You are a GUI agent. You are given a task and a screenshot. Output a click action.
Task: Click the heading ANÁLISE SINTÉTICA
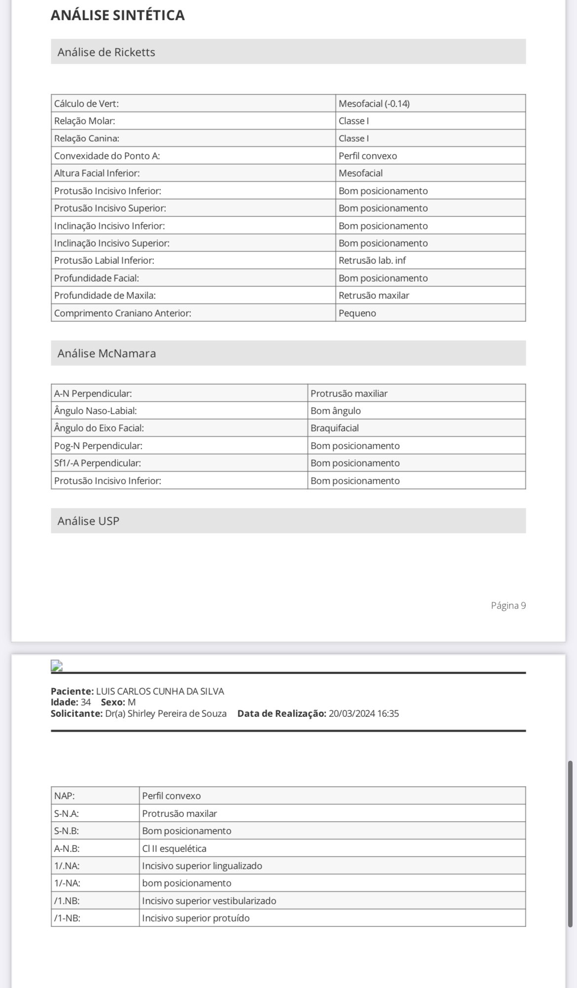(117, 15)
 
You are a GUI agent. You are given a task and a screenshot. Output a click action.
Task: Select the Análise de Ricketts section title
(106, 52)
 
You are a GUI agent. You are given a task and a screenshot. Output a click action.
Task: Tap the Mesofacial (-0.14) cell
(374, 104)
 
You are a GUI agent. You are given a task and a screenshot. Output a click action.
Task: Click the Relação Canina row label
(87, 139)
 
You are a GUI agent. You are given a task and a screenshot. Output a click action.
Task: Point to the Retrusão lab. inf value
(372, 260)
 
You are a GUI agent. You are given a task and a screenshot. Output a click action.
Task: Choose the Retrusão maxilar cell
(374, 295)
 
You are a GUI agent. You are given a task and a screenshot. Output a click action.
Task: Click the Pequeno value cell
(357, 313)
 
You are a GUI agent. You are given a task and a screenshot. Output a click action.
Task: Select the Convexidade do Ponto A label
(107, 156)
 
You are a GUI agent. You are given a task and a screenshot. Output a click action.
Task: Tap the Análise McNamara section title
(107, 353)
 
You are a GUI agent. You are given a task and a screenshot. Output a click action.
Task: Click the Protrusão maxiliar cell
(349, 393)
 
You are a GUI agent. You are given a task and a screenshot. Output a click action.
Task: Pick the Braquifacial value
(334, 428)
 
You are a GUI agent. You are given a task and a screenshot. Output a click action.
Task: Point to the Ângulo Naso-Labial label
(95, 411)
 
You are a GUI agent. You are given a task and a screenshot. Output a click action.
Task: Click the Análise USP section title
(88, 521)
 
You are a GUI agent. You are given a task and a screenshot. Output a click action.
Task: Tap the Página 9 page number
(508, 605)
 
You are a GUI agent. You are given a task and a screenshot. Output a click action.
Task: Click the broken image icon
(57, 666)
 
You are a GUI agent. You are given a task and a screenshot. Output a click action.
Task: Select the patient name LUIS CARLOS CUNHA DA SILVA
(160, 691)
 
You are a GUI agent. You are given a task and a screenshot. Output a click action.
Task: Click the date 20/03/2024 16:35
(363, 713)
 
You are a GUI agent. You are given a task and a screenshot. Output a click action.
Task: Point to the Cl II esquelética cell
(174, 848)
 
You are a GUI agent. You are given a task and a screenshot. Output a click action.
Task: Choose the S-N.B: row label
(67, 831)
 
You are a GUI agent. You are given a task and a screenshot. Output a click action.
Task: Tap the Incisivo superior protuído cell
(196, 918)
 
